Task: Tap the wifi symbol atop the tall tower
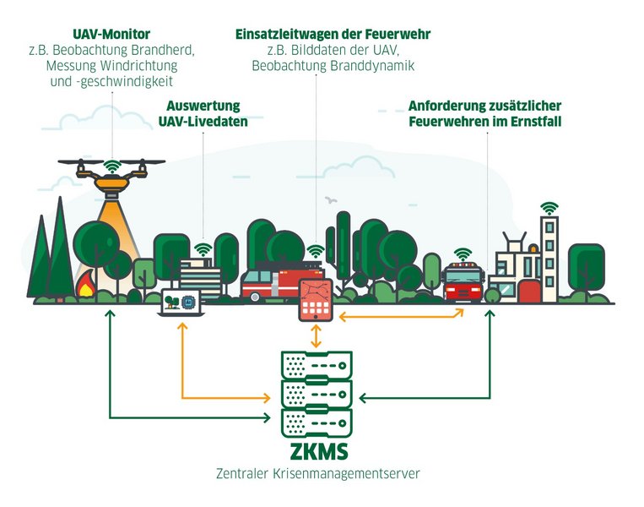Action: [x=549, y=206]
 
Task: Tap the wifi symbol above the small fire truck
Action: [x=462, y=253]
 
